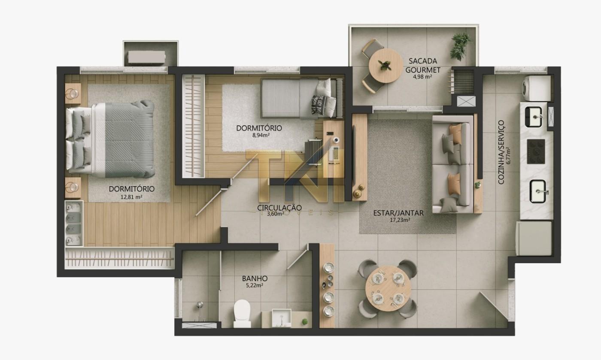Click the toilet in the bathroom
242,313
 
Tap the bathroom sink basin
282,318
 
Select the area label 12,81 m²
131,197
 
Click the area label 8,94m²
261,135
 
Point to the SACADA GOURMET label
422,66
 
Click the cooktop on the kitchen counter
536,151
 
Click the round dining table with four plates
388,288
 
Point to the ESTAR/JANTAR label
398,213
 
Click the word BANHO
255,278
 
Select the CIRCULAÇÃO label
279,208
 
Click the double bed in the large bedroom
110,139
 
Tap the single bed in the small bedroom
302,98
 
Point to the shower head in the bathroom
200,304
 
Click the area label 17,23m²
400,221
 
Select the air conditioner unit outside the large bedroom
146,57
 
